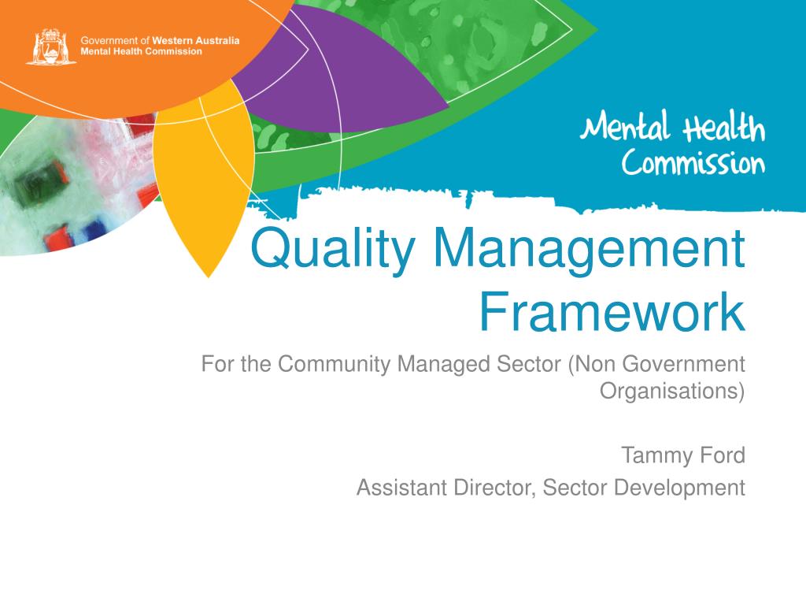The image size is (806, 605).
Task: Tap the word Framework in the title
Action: pos(612,312)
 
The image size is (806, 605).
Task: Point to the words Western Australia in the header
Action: pos(196,39)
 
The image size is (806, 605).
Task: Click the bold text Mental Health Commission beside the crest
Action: pos(142,51)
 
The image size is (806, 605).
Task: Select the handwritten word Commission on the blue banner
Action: pos(693,164)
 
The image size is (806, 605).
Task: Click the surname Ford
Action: pos(722,455)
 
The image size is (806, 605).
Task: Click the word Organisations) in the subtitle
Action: pos(672,391)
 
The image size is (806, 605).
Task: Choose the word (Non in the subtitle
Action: pos(593,364)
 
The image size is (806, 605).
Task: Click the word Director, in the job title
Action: pos(497,488)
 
